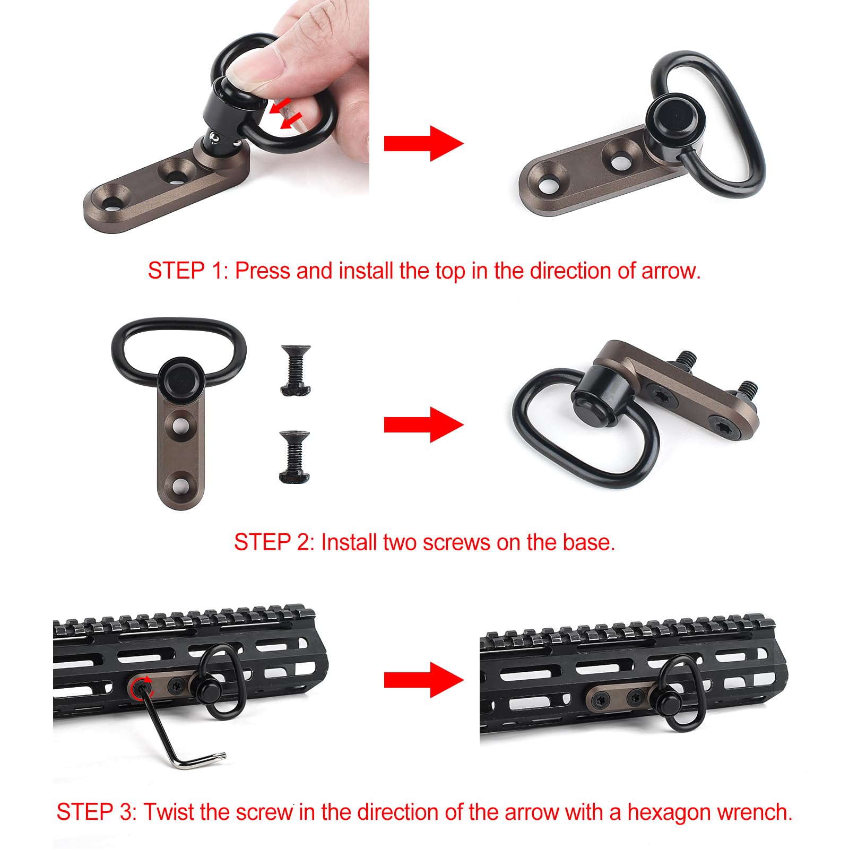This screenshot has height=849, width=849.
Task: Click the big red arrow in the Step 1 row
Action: [423, 143]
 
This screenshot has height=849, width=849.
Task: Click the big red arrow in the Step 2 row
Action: [423, 424]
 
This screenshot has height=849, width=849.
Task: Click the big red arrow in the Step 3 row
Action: [423, 680]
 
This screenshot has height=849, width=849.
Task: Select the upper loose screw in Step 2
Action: [296, 370]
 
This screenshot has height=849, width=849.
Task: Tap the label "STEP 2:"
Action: [274, 542]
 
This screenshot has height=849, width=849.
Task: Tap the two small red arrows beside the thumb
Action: [285, 112]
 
